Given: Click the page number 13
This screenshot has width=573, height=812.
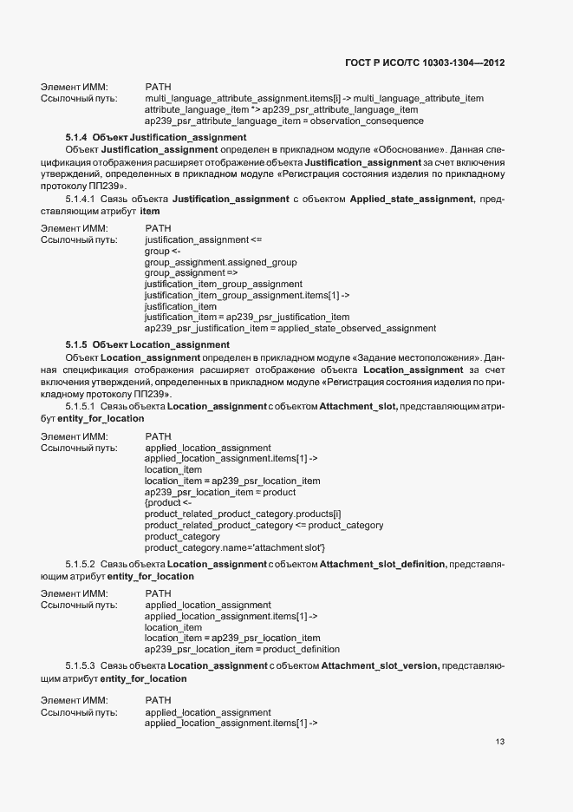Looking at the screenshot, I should tap(500, 742).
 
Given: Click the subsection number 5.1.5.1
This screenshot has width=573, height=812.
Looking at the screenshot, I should tap(81, 406).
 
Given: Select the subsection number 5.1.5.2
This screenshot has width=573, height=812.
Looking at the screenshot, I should tap(81, 565).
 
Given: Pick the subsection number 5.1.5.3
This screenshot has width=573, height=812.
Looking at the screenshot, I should tap(81, 665).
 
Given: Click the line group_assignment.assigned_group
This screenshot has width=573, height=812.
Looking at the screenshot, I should tap(220, 262).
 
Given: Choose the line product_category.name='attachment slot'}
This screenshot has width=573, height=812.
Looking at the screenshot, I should tap(235, 547).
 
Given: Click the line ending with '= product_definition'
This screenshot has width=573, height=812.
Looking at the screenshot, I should tap(242, 649).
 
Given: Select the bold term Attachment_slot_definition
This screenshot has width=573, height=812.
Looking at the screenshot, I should tap(382, 565).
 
